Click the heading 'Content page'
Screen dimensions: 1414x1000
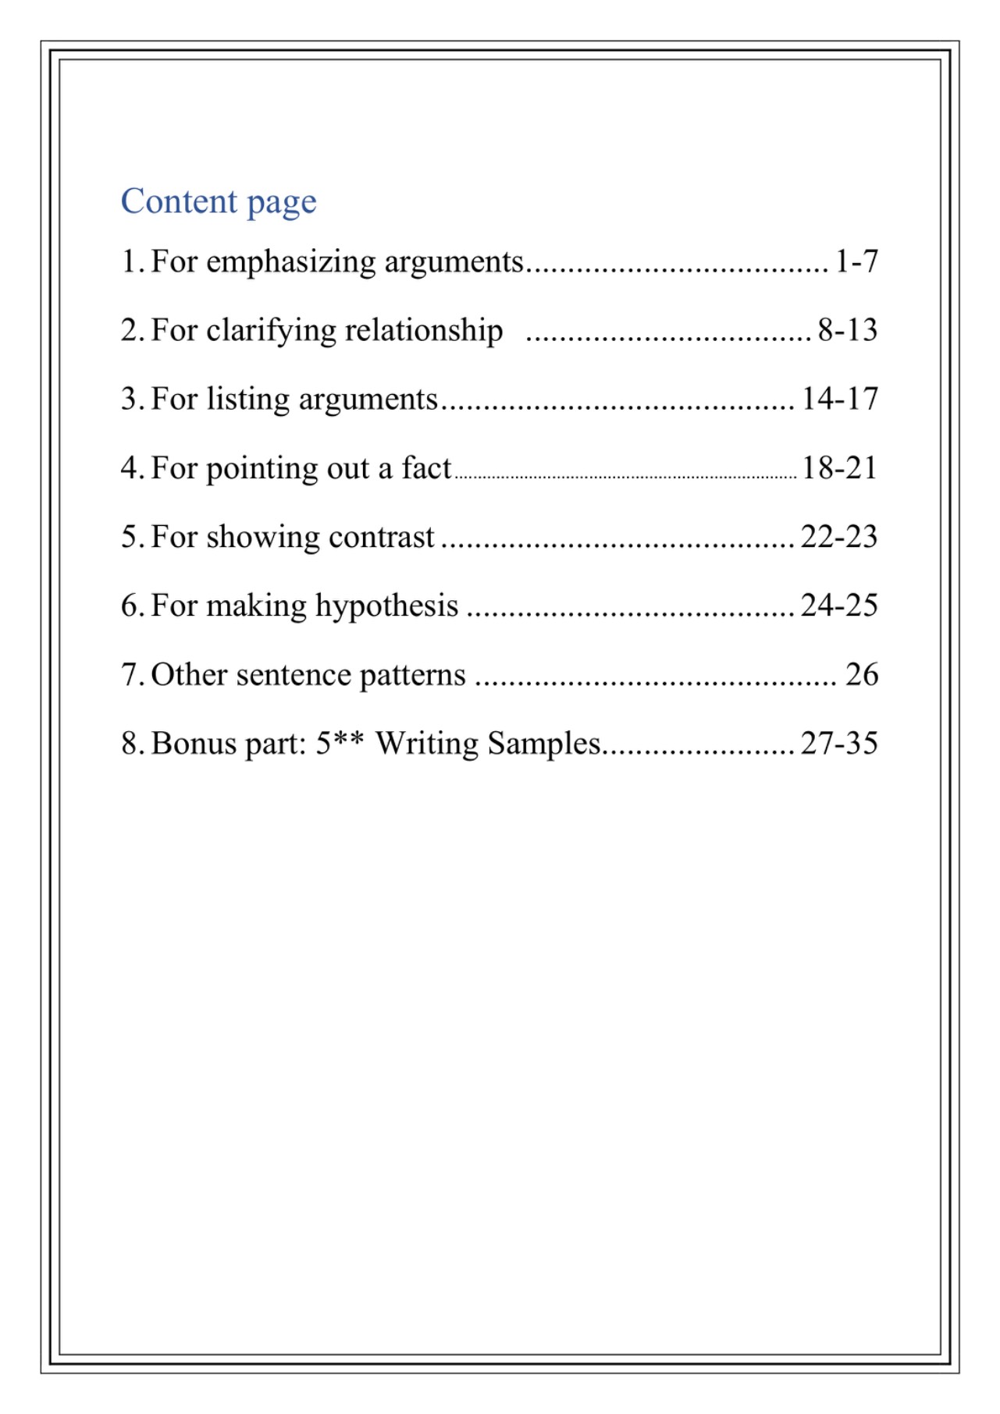click(x=219, y=201)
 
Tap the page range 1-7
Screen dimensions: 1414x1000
click(x=856, y=261)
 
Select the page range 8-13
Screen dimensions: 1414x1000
click(x=847, y=330)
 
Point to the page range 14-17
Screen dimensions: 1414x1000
click(x=839, y=399)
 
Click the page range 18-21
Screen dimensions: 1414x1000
click(x=839, y=467)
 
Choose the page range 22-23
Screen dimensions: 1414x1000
click(x=839, y=537)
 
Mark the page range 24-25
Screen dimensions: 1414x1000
click(x=839, y=606)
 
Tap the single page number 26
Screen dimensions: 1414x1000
click(x=862, y=674)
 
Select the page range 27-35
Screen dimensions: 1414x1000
click(x=839, y=743)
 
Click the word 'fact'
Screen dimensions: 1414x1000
click(x=426, y=468)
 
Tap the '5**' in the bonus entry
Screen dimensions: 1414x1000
click(x=340, y=743)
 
